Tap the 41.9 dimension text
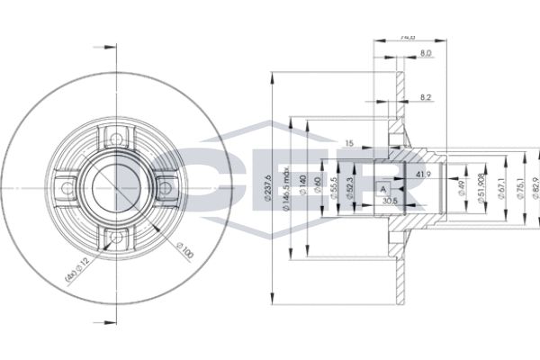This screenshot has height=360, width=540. pyautogui.click(x=423, y=174)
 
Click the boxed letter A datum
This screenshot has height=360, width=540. pyautogui.click(x=382, y=189)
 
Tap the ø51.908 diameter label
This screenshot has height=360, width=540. pyautogui.click(x=482, y=187)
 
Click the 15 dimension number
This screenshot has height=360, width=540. pyautogui.click(x=349, y=143)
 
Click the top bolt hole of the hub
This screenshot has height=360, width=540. pyautogui.click(x=113, y=138)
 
